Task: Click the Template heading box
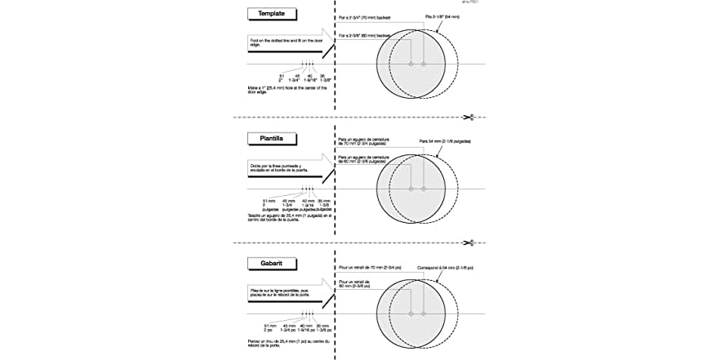coord(271,14)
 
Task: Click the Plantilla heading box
coord(271,139)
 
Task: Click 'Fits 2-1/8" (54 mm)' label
coord(442,16)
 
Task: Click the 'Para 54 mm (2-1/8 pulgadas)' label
coord(445,141)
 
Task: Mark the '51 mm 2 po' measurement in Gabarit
coord(269,327)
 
